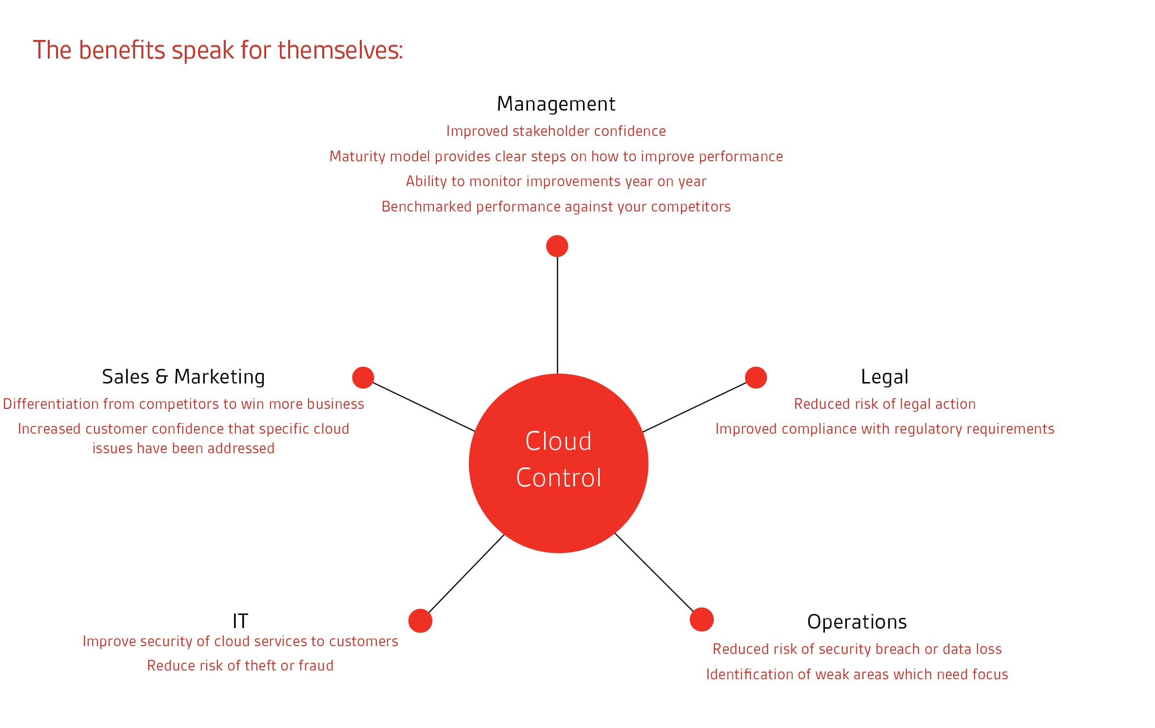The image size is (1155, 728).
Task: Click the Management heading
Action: tap(556, 104)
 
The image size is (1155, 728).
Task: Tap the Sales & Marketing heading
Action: tap(183, 377)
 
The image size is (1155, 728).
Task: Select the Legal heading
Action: tap(884, 377)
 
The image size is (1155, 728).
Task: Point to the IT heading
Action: tap(240, 621)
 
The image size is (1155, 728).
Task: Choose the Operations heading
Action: tap(857, 622)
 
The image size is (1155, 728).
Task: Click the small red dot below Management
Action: tap(557, 246)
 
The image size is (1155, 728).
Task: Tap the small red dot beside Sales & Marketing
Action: tap(363, 378)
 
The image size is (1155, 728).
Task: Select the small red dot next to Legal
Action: tap(756, 378)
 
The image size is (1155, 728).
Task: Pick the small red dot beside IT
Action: tap(420, 621)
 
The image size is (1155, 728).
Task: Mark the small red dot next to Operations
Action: tap(702, 619)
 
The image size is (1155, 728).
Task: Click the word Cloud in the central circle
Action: tap(558, 441)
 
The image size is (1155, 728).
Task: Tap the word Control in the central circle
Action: tap(559, 478)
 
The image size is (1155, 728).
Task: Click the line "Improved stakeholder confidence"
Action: tap(556, 132)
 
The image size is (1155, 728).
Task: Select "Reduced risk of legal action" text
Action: tap(884, 404)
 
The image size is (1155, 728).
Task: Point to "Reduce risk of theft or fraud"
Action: tap(240, 666)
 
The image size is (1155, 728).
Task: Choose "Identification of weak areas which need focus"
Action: tap(857, 674)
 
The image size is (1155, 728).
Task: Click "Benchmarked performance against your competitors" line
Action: tap(556, 207)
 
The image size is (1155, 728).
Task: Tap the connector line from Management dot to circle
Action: tap(557, 315)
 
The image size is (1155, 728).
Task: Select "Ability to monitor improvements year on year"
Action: tap(556, 181)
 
